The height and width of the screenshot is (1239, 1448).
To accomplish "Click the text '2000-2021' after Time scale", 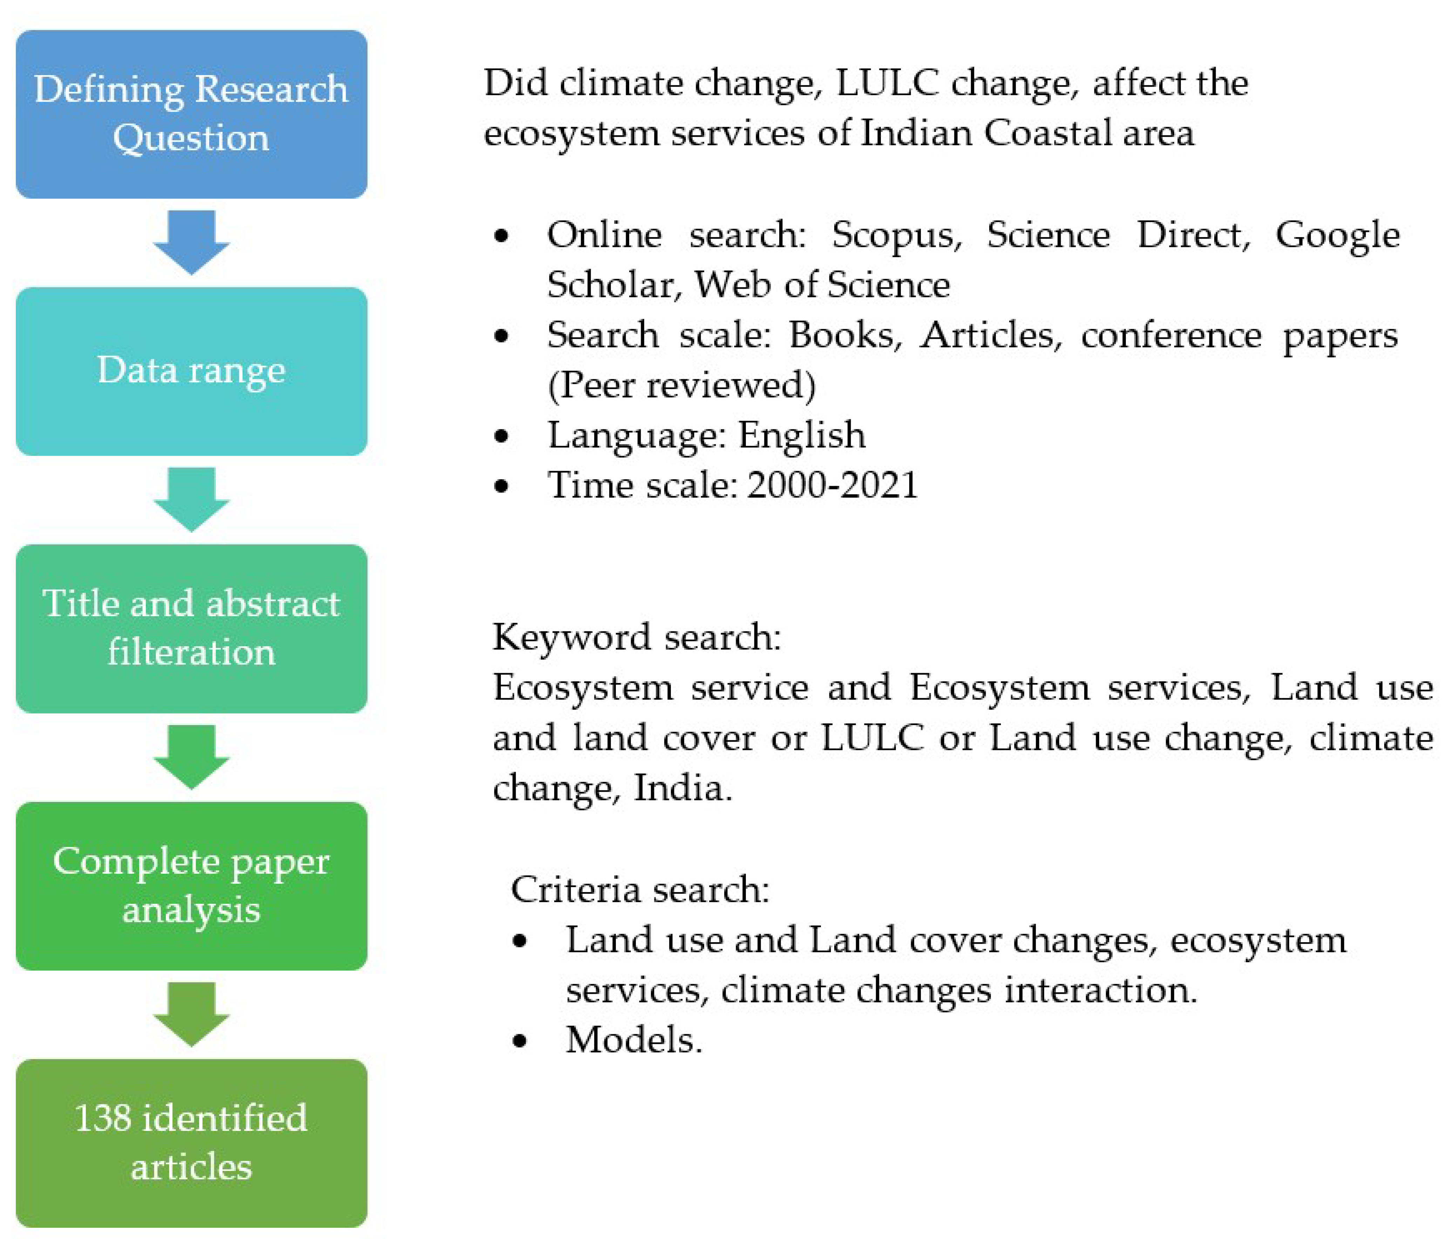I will point(832,485).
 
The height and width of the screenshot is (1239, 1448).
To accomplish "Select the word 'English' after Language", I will point(802,435).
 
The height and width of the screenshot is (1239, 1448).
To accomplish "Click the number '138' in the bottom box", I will point(103,1118).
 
